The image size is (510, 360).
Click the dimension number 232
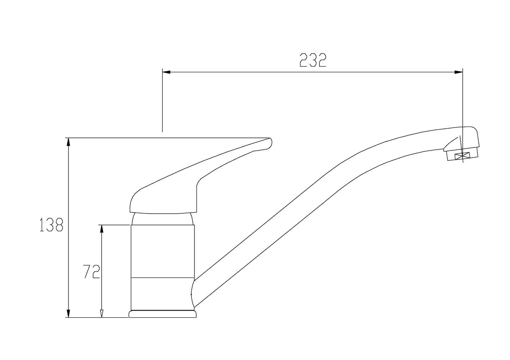tap(313, 60)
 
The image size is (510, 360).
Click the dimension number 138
tap(51, 225)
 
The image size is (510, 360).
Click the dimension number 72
tap(91, 271)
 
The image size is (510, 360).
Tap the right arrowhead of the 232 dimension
tap(458, 72)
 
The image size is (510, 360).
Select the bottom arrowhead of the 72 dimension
tap(102, 313)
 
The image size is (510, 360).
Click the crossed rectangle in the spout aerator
tap(462, 156)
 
